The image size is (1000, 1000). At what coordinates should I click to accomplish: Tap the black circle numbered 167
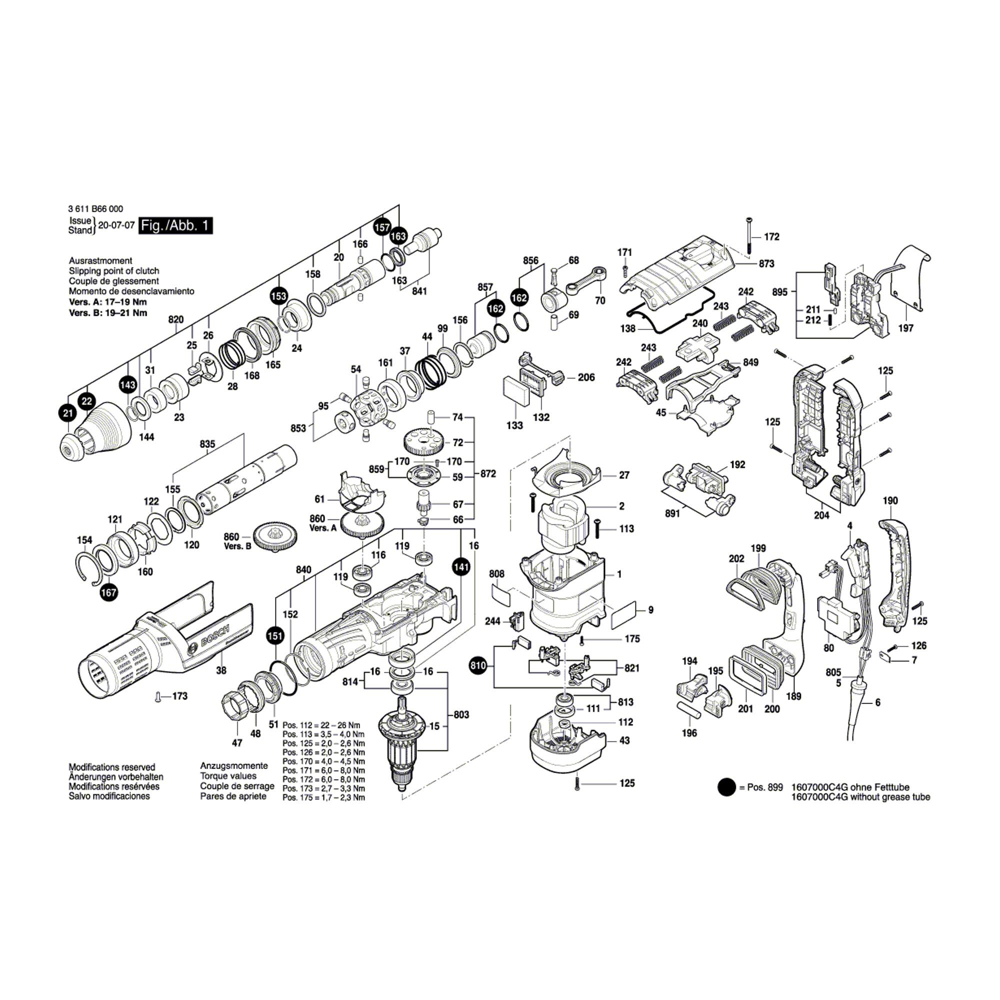pos(109,592)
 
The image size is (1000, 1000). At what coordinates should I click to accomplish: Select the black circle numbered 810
pos(478,664)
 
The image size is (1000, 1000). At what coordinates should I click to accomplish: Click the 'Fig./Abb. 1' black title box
pos(176,226)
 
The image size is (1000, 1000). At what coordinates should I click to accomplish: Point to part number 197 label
pos(906,328)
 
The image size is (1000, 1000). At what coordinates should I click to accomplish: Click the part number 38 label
pos(221,670)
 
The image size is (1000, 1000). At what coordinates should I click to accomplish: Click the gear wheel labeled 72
pos(423,441)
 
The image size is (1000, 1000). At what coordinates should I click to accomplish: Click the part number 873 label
pos(766,263)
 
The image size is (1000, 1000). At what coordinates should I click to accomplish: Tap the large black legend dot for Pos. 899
pos(726,788)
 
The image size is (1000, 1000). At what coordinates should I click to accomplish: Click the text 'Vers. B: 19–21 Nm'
pos(107,312)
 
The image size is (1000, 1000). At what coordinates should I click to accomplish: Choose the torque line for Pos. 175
pos(323,797)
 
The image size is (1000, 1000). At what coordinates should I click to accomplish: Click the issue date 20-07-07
pos(116,225)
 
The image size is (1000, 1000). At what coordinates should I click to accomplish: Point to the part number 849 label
pos(750,362)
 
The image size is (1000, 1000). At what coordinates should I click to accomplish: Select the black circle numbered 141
pos(460,567)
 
